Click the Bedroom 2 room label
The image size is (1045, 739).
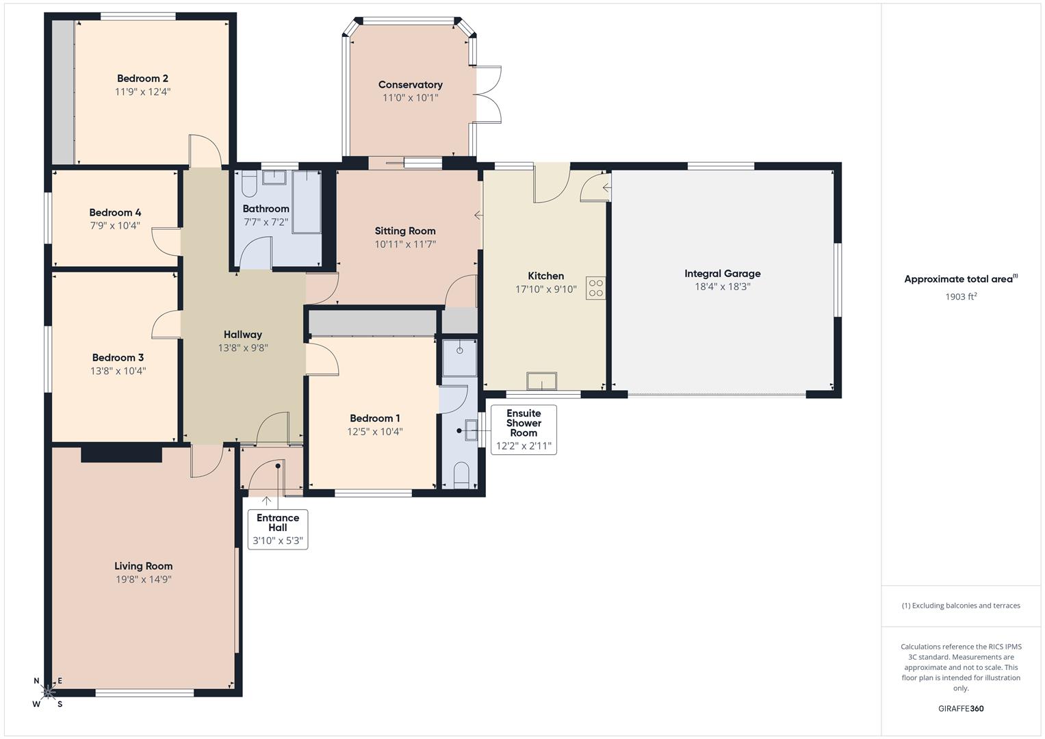click(x=142, y=79)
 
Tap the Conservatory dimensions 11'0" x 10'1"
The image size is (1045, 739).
click(x=410, y=98)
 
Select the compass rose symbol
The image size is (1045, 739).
click(x=48, y=692)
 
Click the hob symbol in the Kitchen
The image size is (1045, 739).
click(x=595, y=288)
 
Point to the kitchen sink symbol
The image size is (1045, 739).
click(x=541, y=381)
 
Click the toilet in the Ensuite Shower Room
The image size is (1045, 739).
click(x=461, y=474)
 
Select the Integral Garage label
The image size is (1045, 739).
click(x=722, y=274)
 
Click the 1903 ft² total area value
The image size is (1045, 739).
click(x=961, y=296)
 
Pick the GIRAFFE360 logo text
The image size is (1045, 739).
click(x=961, y=708)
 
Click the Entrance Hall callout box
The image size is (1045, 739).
click(x=278, y=529)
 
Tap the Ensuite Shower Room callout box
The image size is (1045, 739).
click(x=524, y=430)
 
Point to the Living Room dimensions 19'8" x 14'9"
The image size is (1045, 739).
click(x=143, y=580)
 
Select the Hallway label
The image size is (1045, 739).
click(x=243, y=335)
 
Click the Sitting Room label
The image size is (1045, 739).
click(x=405, y=231)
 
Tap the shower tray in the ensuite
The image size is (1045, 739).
click(x=460, y=356)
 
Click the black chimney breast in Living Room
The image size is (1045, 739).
click(x=121, y=454)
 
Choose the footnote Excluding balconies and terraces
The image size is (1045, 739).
click(x=961, y=606)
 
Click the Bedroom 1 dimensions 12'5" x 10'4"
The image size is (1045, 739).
click(x=375, y=432)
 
